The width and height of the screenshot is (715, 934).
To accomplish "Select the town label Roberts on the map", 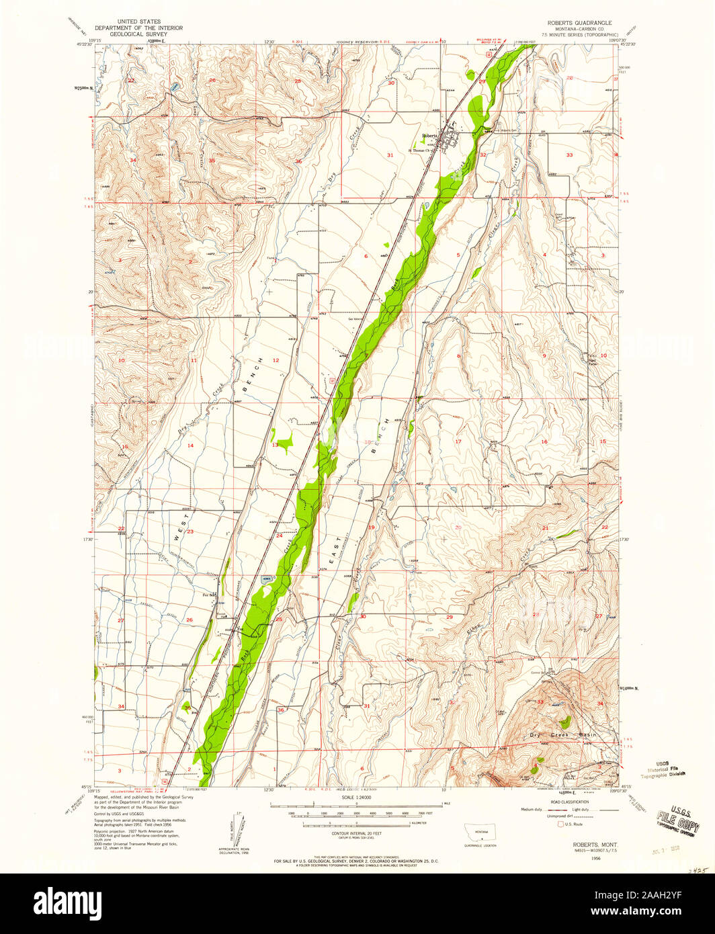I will pyautogui.click(x=430, y=136).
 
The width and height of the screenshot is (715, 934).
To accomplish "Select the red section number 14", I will pyautogui.click(x=190, y=445).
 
